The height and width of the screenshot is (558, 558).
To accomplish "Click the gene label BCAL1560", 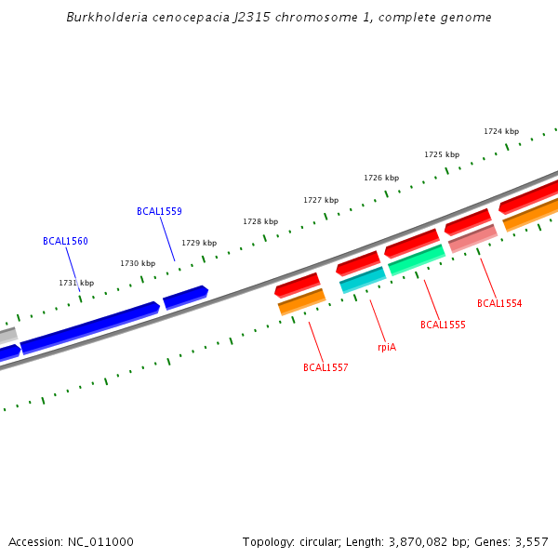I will click(65, 242).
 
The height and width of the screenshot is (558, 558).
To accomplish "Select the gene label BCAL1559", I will click(159, 212).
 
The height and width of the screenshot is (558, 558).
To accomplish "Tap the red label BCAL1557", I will click(325, 368).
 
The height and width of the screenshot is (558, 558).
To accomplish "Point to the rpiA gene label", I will click(387, 347).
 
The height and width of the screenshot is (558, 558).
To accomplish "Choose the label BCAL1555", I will click(443, 325).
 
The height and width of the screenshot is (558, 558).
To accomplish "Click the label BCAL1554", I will click(499, 304).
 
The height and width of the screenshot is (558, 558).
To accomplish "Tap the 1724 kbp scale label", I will click(501, 132).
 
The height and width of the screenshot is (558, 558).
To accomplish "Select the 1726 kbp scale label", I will click(381, 178).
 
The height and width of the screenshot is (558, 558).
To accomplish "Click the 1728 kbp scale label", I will click(260, 222).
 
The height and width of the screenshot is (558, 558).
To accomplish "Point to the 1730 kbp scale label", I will click(138, 264).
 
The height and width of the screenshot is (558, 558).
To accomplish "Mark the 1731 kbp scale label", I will click(76, 284).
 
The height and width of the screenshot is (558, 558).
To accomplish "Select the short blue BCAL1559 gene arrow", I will click(185, 298).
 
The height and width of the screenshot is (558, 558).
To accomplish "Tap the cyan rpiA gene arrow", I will click(363, 279).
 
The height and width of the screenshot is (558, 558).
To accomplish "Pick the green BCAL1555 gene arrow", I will click(417, 260).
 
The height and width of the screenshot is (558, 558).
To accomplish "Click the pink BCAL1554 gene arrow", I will click(472, 239).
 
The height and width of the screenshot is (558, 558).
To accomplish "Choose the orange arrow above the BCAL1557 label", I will click(301, 301).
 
